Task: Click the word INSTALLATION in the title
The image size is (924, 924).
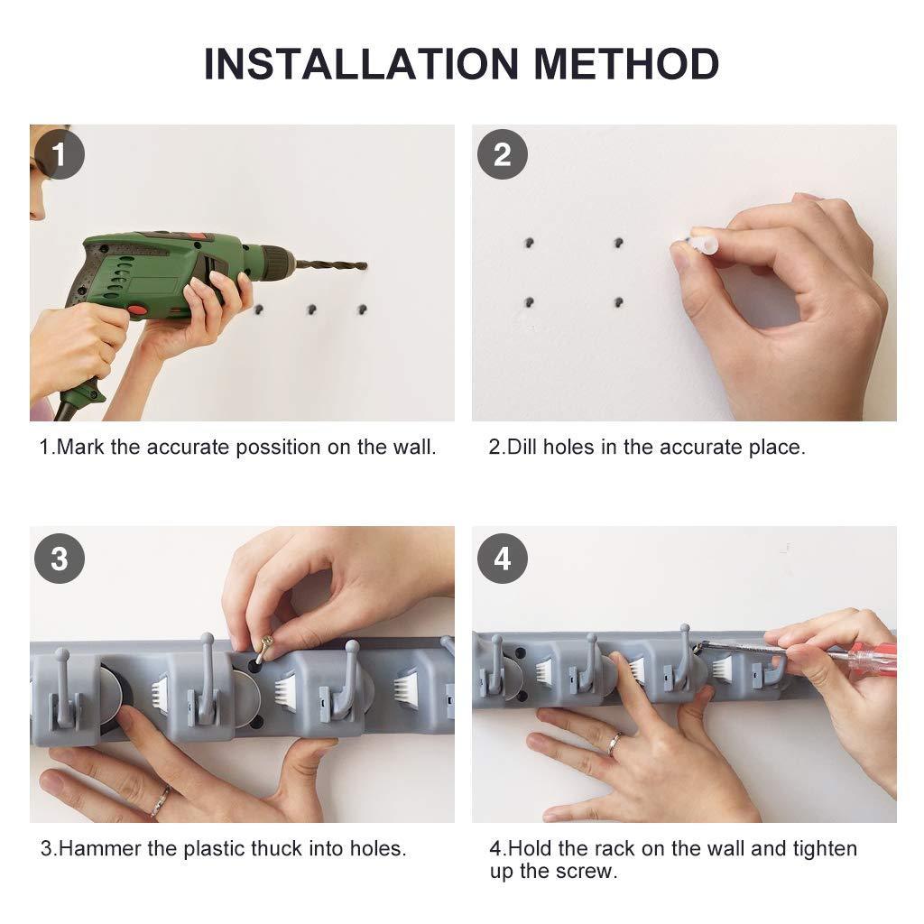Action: coord(361,64)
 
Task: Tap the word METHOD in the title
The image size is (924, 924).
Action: coord(626,64)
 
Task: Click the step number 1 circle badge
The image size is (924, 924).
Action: coord(59,154)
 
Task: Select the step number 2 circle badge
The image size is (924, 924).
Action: coord(502,154)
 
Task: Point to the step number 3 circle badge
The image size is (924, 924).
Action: coord(59,558)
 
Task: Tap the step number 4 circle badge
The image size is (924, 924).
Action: coord(502,558)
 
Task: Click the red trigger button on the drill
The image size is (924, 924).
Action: coord(137,310)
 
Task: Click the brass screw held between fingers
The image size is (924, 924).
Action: coord(264,648)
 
